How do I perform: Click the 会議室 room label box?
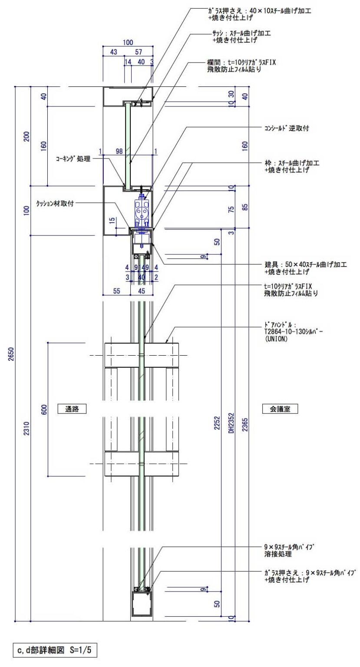(x=280, y=409)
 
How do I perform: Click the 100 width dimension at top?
(x=128, y=43)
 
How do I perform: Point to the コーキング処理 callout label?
(x=73, y=158)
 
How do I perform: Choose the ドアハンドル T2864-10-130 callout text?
(x=293, y=332)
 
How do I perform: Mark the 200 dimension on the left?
(x=27, y=136)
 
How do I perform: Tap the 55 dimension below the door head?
(x=116, y=291)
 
